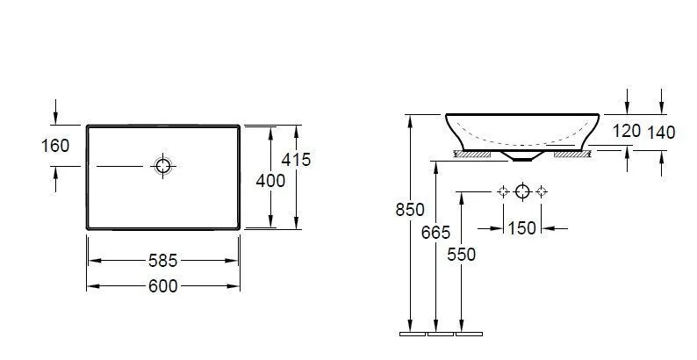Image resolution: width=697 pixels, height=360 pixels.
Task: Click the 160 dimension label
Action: click(55, 146)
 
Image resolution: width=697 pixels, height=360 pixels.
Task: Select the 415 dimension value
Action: click(296, 160)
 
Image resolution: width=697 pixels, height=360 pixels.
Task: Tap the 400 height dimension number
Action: click(270, 181)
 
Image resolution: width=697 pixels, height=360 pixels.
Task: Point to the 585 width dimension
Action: click(162, 261)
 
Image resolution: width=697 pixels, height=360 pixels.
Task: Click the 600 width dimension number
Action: click(162, 286)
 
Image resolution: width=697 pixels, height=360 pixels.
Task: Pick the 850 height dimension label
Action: click(410, 210)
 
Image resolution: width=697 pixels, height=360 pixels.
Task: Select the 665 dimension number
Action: click(435, 233)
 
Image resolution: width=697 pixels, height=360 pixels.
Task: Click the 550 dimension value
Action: click(462, 255)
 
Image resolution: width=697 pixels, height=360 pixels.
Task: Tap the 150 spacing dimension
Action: click(521, 228)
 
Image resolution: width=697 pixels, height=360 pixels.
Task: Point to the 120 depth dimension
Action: click(626, 131)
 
